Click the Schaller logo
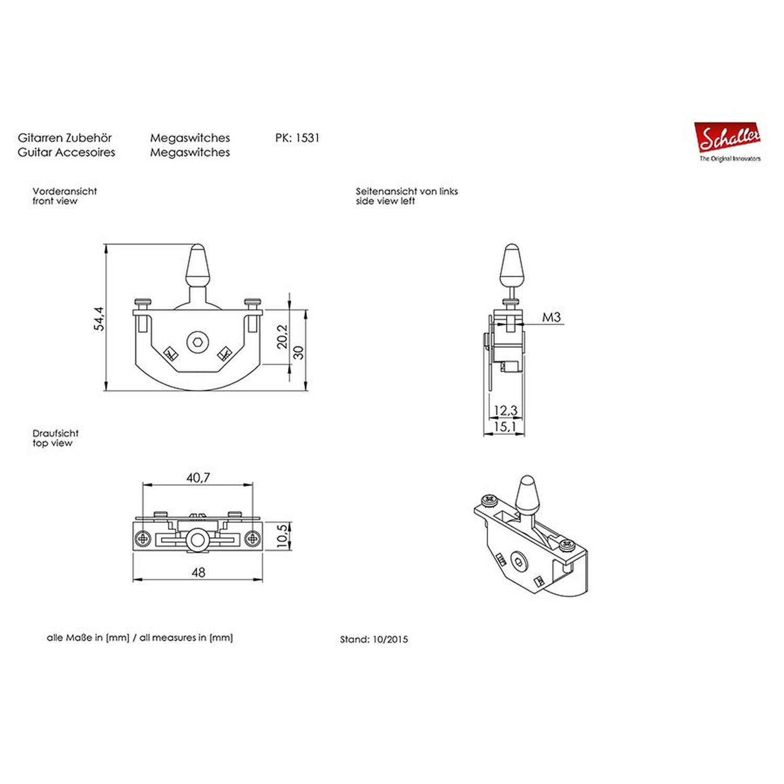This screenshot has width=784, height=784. coord(727,139)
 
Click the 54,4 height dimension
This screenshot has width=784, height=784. coord(99,318)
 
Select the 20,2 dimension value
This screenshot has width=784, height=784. coord(282,336)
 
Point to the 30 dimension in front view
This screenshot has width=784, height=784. coord(298,352)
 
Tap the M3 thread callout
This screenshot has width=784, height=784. coord(551,317)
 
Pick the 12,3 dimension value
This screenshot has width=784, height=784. coord(505,410)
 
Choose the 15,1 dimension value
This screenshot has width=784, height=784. coord(505,426)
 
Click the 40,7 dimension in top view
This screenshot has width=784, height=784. coord(198,477)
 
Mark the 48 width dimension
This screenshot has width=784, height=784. coord(198,572)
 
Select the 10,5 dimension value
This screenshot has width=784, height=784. coord(283,536)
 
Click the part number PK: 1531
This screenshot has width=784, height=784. coord(297,138)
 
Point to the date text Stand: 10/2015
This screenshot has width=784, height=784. coord(374,639)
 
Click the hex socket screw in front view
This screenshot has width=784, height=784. coord(198,342)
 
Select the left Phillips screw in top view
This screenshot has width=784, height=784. coord(142,538)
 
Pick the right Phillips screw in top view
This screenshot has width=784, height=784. coord(253,538)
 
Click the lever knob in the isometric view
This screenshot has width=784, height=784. coord(527,494)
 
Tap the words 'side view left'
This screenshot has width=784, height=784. coord(385,201)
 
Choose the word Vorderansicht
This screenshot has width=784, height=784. coord(65,191)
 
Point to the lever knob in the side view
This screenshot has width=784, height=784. coord(512,264)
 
